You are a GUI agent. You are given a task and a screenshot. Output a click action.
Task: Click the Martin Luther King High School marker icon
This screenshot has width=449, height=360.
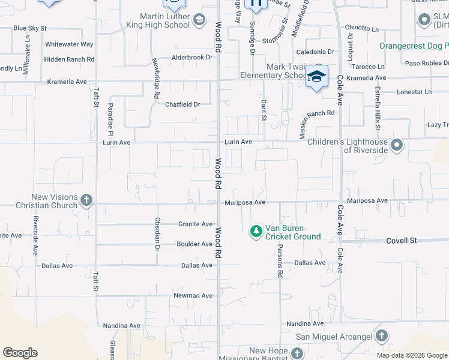click(x=199, y=22)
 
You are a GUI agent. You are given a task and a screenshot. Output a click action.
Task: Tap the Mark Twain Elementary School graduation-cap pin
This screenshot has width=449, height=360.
click(x=316, y=77)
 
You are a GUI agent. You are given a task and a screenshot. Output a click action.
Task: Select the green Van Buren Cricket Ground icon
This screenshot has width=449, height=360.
click(x=256, y=231)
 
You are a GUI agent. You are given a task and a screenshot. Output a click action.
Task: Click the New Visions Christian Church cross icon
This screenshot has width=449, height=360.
click(x=86, y=200)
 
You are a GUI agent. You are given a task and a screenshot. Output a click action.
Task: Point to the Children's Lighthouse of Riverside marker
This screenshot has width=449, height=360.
click(x=396, y=145)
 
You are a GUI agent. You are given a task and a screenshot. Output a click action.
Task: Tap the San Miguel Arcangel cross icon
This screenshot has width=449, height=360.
click(x=382, y=336)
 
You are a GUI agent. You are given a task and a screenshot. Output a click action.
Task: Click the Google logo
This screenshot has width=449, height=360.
click(x=20, y=353)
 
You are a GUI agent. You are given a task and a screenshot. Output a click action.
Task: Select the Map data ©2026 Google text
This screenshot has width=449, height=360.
click(x=412, y=355)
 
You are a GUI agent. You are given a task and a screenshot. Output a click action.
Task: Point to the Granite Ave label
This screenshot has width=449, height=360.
click(x=195, y=224)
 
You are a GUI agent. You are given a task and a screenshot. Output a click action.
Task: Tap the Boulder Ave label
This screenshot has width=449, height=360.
click(x=194, y=244)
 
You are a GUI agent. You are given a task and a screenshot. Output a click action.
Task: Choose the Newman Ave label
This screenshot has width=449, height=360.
click(x=193, y=296)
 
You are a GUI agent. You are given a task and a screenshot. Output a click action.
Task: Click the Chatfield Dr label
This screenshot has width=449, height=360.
click(x=182, y=104)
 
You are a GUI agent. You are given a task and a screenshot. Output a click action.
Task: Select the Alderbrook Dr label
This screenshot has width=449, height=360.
click(x=193, y=58)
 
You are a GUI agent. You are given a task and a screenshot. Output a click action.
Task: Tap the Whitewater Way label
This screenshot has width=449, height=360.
click(x=70, y=44)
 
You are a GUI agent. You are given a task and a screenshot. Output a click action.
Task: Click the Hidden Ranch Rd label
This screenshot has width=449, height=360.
click(x=69, y=59)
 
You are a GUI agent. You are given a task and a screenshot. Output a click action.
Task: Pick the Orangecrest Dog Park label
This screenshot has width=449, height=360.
click(x=414, y=46)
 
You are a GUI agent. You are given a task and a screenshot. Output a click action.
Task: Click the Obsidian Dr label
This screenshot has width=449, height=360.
click(x=157, y=233)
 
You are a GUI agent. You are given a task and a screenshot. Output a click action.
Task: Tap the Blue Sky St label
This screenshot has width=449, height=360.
click(x=30, y=28)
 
